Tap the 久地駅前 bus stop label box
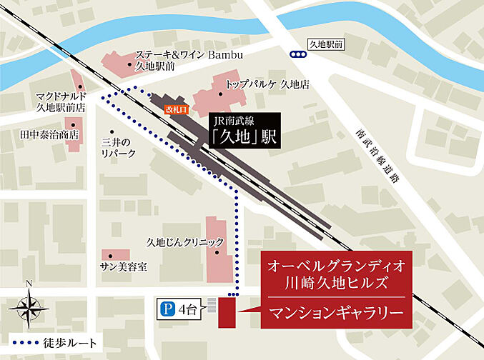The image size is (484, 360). (x=325, y=44)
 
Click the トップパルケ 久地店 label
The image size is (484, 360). (x=267, y=84)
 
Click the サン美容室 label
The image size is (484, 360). (x=123, y=266)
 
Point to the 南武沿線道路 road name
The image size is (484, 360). (x=376, y=156)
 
